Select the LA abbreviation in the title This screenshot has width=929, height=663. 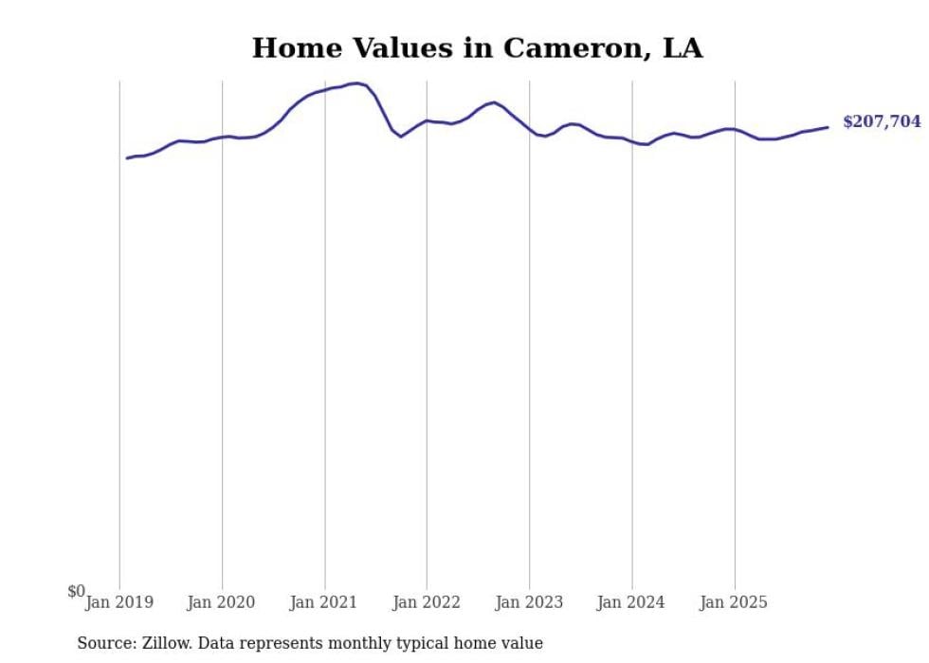click(x=683, y=48)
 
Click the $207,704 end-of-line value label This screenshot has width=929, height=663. click(x=881, y=122)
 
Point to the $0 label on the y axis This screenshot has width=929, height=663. click(x=76, y=592)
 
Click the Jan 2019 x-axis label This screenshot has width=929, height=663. click(x=119, y=602)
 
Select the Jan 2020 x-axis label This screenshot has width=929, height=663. click(x=222, y=602)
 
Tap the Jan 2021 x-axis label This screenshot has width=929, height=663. click(x=324, y=602)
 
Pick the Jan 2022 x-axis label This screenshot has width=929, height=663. click(x=427, y=602)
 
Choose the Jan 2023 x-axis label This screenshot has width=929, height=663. click(x=529, y=602)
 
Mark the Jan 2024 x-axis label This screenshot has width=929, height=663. click(x=631, y=602)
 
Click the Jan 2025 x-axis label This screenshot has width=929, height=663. click(x=734, y=602)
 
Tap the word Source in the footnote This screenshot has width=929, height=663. click(x=103, y=643)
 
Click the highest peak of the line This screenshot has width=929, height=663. click(x=357, y=83)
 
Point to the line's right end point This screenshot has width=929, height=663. click(x=828, y=127)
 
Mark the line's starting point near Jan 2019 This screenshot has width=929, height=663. click(x=127, y=157)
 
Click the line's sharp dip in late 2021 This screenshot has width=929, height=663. click(x=400, y=137)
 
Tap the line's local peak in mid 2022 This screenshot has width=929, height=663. click(x=494, y=102)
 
